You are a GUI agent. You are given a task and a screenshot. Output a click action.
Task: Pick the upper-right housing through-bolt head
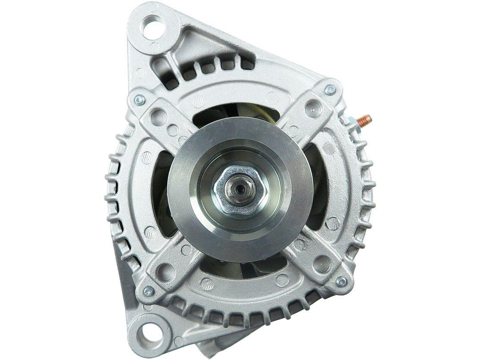pyautogui.click(x=330, y=90)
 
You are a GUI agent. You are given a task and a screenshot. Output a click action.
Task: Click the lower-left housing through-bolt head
pyautogui.click(x=149, y=291)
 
